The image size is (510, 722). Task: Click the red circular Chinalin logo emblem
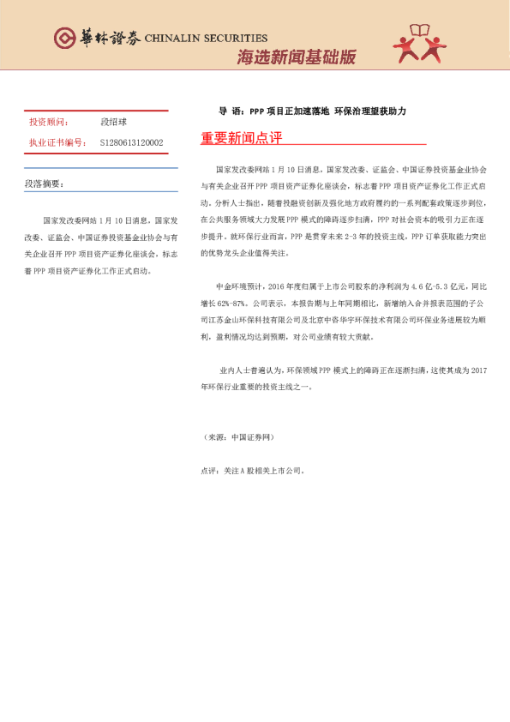coord(65,38)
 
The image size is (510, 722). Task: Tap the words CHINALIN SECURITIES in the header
coord(206,39)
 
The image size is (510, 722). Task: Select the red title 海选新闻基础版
coord(296,57)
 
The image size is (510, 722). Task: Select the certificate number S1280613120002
coord(131,142)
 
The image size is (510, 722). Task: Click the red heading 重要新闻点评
coord(241,137)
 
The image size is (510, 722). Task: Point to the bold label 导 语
coord(231,111)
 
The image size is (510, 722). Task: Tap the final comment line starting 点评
coord(252,471)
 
